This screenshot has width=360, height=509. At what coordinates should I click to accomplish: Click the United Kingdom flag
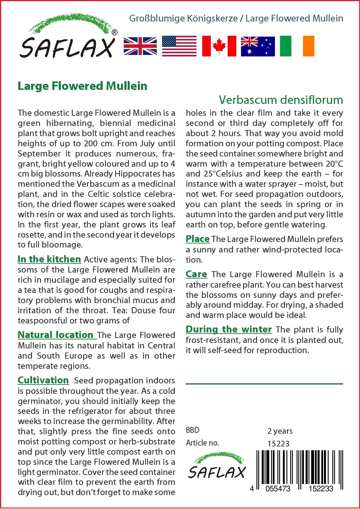(140, 46)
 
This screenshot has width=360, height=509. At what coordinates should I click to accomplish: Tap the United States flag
(179, 46)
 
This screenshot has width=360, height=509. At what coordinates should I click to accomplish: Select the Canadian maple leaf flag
(219, 46)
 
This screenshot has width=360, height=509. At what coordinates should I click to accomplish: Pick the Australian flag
(258, 46)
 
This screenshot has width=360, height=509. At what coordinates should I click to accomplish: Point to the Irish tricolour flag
(297, 46)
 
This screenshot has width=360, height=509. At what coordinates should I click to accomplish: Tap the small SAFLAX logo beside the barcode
(217, 467)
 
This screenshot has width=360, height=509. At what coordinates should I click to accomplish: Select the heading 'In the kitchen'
(49, 259)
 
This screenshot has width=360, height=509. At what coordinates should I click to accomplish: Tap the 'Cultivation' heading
(43, 380)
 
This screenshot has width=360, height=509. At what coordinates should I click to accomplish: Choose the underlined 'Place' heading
(198, 239)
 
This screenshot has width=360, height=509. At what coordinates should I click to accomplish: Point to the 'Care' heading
(197, 274)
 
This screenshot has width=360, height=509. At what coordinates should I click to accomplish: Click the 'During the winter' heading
(229, 330)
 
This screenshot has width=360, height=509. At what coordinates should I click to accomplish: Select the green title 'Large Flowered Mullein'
(83, 86)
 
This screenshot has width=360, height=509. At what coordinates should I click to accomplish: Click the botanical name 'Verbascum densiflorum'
(281, 100)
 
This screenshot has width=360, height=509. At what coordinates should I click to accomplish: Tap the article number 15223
(278, 444)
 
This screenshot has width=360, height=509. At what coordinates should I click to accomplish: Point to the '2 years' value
(280, 431)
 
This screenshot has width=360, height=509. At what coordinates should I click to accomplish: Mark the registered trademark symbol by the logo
(115, 33)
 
